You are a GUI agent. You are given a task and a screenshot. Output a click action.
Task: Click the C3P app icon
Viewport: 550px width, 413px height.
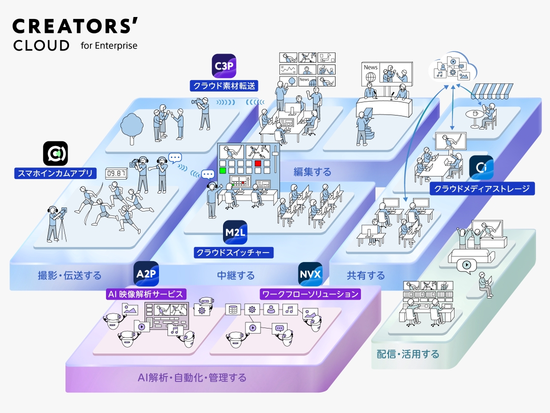tap(223, 65)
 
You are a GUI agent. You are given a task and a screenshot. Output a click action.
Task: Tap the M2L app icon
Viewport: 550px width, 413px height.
tap(235, 232)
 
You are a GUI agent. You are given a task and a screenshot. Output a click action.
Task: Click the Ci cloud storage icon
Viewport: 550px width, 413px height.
tap(481, 167)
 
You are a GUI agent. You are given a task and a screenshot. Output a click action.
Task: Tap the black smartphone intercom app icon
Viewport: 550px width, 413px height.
tap(55, 153)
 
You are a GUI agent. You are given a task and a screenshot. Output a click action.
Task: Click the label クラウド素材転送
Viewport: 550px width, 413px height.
tap(223, 86)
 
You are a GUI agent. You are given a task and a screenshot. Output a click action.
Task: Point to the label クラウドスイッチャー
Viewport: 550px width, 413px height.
tap(234, 252)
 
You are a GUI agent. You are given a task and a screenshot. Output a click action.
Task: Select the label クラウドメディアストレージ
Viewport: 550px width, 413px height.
tap(482, 188)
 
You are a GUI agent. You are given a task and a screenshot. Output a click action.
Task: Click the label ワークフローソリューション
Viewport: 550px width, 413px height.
tap(310, 294)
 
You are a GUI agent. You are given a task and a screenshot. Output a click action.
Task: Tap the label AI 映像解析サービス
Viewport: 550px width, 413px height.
tap(146, 294)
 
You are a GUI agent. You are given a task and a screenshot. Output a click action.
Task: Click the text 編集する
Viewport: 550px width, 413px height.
tap(312, 172)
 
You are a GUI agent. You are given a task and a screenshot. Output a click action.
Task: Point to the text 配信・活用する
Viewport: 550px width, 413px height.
tap(408, 354)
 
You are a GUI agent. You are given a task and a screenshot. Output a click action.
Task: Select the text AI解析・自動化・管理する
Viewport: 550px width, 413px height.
tap(192, 377)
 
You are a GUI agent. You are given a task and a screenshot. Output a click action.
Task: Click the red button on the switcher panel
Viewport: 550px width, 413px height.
tap(258, 163)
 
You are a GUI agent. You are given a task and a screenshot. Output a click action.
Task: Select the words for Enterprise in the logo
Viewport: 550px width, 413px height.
tap(108, 45)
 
